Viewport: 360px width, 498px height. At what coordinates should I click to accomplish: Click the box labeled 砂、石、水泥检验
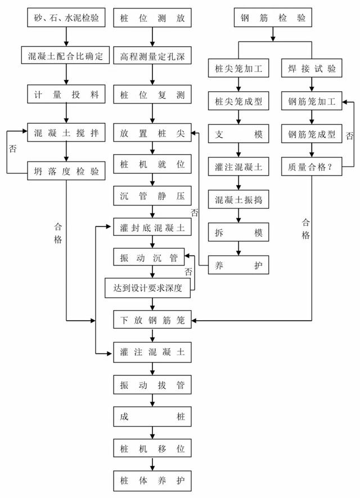point(66,18)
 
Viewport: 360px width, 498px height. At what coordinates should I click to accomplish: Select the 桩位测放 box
point(152,18)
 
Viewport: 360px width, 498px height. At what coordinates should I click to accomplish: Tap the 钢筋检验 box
point(273,18)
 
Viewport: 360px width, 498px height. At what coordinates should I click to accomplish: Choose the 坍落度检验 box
point(66,171)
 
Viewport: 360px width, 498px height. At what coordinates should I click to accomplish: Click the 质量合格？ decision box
point(312,167)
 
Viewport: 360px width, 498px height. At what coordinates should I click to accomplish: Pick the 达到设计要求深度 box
point(147,288)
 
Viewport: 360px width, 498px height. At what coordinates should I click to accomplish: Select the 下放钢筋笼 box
point(152,320)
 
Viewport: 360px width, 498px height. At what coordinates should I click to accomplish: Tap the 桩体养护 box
point(152,481)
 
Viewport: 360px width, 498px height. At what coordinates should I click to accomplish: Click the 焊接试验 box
point(312,68)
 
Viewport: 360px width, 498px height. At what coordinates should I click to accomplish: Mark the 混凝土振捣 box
point(238,199)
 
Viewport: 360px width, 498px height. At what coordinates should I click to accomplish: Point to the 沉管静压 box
point(152,196)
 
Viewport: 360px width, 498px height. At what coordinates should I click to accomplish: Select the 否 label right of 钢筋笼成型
point(349,136)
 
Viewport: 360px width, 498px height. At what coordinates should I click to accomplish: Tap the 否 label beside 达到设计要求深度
point(188,271)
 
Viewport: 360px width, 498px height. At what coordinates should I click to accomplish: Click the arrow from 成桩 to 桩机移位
point(152,433)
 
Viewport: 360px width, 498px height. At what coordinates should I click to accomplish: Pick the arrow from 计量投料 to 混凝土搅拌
point(66,113)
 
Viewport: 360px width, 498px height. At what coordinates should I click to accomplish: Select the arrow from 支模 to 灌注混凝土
point(238,150)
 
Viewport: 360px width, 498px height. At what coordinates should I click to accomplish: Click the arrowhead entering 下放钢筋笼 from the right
point(194,320)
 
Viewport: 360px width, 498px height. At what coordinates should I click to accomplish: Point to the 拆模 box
point(238,232)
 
